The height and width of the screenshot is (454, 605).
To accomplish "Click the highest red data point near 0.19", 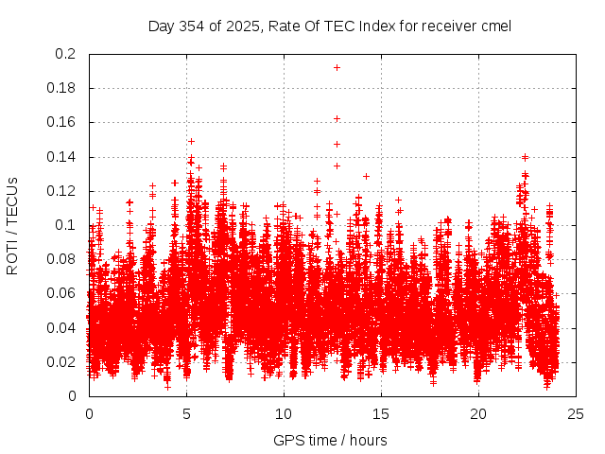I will [337, 67].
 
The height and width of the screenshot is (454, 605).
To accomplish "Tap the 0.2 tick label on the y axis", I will [66, 54].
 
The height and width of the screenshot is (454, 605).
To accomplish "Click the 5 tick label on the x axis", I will [186, 413].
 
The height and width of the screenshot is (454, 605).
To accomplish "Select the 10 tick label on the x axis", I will [284, 413].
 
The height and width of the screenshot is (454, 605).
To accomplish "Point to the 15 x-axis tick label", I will [382, 413].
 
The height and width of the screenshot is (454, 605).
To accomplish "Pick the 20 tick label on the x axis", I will [479, 413].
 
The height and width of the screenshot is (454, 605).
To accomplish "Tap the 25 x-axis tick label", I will [577, 413].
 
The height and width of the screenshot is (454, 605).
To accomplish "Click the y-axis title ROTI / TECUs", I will [12, 225].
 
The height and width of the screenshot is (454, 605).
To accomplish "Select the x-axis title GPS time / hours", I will [330, 440].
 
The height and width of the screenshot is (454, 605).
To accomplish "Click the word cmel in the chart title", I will [495, 26].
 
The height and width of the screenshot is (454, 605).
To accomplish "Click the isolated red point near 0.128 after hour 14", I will [366, 176].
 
